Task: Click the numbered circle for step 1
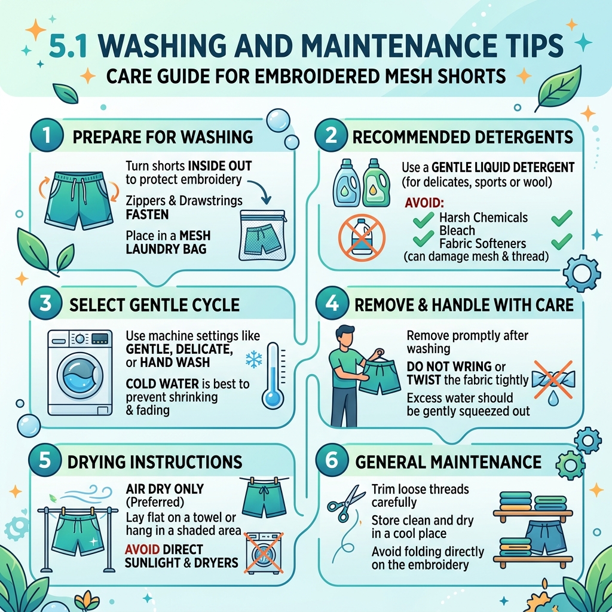click(x=47, y=135)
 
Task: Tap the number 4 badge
click(x=332, y=303)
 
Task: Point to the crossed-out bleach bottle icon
click(x=362, y=237)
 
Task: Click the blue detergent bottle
click(x=346, y=183)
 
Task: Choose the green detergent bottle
click(x=376, y=183)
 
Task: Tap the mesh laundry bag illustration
click(x=262, y=235)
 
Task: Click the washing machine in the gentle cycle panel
click(x=80, y=372)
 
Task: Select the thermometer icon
click(x=273, y=375)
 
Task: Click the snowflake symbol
click(x=253, y=359)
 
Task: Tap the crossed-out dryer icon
click(x=264, y=553)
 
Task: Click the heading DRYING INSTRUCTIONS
click(x=155, y=462)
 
